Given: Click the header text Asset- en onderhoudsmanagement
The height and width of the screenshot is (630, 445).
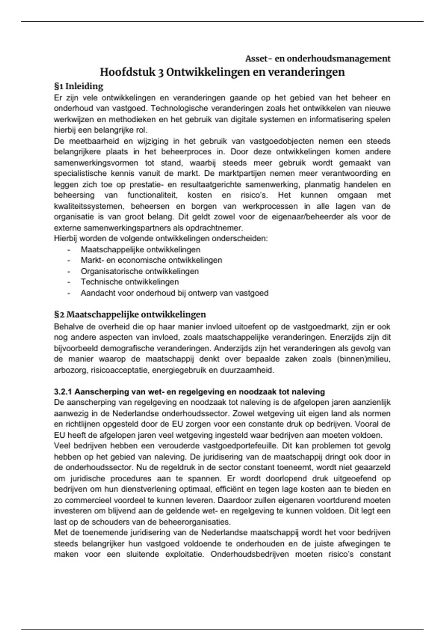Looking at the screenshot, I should pyautogui.click(x=318, y=59).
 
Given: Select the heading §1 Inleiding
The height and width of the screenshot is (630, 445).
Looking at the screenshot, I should pyautogui.click(x=79, y=86).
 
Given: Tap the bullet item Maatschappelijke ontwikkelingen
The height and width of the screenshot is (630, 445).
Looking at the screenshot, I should pyautogui.click(x=140, y=250).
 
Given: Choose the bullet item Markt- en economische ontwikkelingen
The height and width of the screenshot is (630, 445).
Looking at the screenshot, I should pyautogui.click(x=151, y=260).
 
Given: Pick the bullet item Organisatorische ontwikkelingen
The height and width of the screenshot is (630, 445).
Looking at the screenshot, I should pyautogui.click(x=139, y=271).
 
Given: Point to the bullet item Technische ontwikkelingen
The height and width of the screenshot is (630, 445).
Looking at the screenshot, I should pyautogui.click(x=130, y=282).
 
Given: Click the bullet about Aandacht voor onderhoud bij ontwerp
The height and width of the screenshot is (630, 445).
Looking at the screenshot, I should pyautogui.click(x=174, y=293).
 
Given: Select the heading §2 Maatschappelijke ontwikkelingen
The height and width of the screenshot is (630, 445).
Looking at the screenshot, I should pyautogui.click(x=130, y=315).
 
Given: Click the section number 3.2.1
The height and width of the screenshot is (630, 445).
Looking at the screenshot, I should pyautogui.click(x=63, y=392).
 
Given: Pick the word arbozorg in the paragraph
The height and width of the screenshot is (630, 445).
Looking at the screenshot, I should pyautogui.click(x=68, y=370).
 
